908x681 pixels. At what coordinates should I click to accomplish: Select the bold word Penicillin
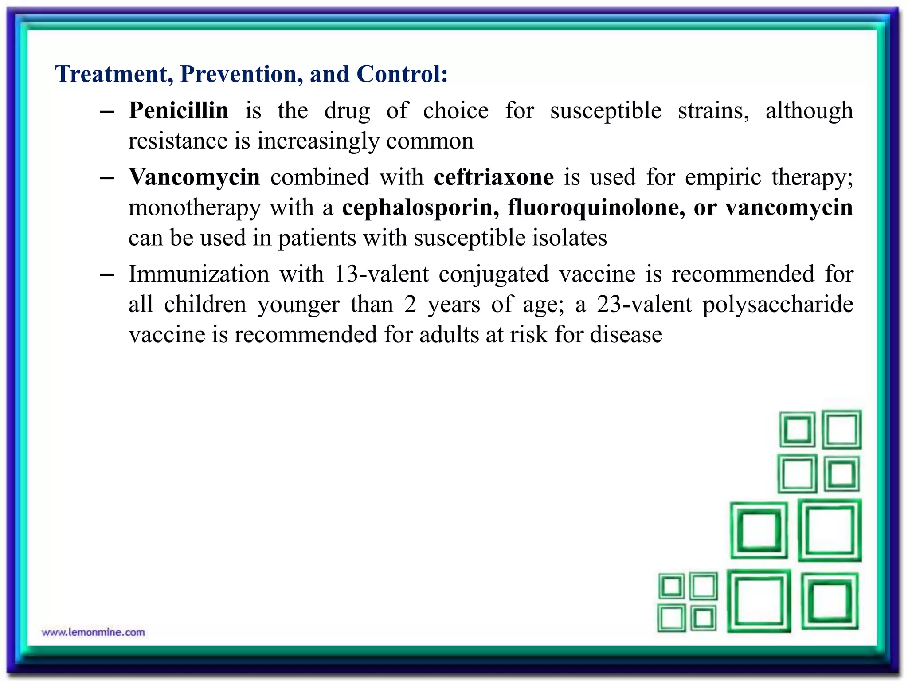179,110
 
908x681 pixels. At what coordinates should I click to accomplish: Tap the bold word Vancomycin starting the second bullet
194,177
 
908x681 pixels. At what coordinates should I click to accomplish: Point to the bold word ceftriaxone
493,177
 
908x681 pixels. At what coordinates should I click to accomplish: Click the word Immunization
199,274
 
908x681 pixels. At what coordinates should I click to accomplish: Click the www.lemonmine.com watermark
93,632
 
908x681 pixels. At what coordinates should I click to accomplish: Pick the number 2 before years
410,305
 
